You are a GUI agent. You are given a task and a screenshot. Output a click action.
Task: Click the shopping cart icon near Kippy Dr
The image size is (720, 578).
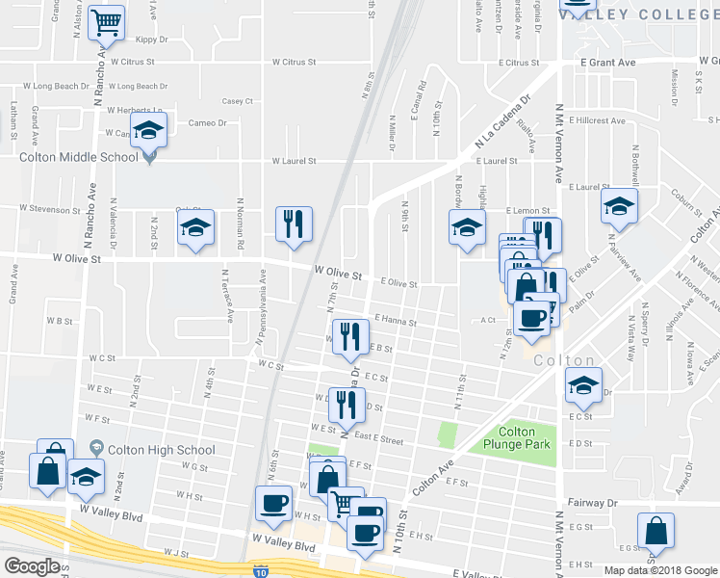(107, 21)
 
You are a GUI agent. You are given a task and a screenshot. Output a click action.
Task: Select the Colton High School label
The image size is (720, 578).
(161, 450)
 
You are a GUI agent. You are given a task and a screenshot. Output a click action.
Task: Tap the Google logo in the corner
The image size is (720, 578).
(33, 566)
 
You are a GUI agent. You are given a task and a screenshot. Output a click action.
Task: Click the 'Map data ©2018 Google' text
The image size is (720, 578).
(659, 570)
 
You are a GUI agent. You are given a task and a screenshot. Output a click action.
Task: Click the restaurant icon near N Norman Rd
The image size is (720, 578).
(293, 223)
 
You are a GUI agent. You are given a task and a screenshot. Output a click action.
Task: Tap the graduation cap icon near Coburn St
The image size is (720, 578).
(618, 205)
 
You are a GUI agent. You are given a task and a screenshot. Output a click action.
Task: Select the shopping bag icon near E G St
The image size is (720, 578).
(655, 531)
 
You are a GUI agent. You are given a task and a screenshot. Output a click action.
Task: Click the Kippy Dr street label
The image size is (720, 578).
(152, 39)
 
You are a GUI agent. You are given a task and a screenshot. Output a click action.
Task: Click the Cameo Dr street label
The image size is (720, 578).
(207, 123)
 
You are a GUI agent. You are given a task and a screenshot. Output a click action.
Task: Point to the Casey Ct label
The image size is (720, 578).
(237, 100)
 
